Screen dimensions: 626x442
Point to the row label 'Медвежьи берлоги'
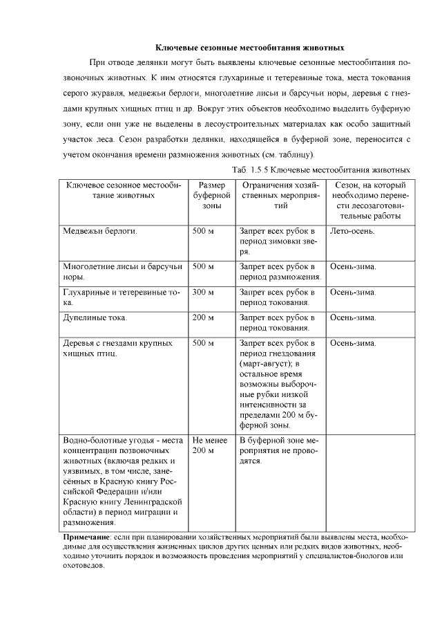pos(99,231)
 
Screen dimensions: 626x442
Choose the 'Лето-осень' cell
pos(353,231)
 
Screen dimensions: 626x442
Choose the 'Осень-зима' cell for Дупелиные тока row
pos(353,317)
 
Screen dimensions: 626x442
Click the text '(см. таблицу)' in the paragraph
pos(287,154)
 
